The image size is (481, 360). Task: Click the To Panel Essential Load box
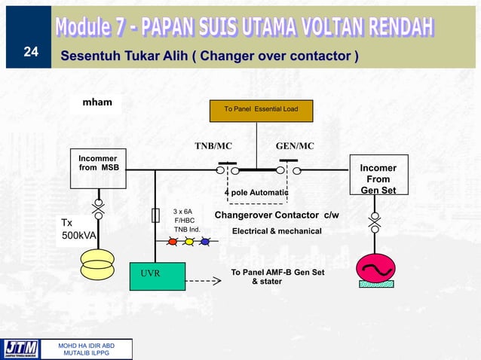(261, 110)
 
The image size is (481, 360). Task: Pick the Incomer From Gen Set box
(378, 179)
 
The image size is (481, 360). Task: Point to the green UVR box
(158, 276)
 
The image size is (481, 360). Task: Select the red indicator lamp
(172, 242)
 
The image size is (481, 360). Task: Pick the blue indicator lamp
(204, 242)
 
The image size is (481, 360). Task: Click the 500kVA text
(78, 236)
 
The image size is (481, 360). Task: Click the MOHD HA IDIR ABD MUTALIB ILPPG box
(89, 348)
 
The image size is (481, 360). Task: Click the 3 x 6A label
(183, 212)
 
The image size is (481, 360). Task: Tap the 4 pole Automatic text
(256, 193)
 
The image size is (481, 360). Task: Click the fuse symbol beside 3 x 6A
(155, 215)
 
